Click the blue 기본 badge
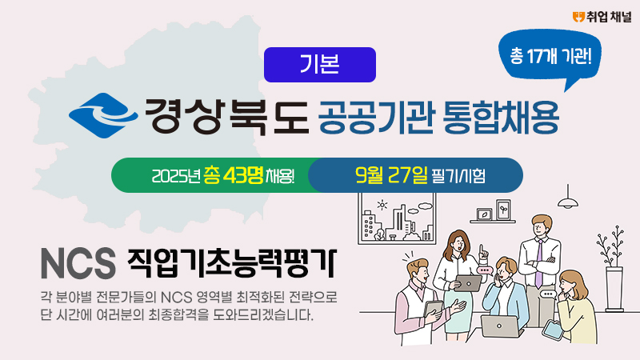319,65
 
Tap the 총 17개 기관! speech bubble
550,56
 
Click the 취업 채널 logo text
609,17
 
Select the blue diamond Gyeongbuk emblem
103,115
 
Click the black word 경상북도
227,116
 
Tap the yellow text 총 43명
234,175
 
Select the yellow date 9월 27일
391,175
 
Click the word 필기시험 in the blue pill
458,176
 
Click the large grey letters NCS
78,263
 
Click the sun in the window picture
382,205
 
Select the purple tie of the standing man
539,264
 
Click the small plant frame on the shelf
503,210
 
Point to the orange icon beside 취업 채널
578,17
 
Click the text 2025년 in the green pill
175,176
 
